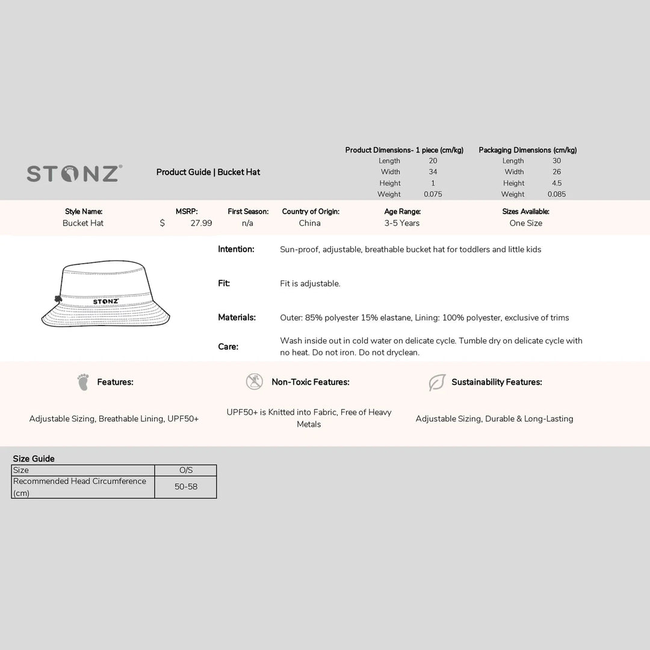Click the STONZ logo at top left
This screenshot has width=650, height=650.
tap(75, 173)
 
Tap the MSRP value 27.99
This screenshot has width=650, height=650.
tap(201, 223)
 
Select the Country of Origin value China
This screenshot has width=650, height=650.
tap(310, 223)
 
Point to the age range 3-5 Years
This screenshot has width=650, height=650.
tap(402, 223)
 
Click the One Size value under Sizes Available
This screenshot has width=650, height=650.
tap(526, 223)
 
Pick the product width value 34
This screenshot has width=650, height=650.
tap(433, 172)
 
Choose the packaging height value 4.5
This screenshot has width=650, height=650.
tap(557, 184)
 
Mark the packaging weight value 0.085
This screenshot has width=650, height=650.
tap(557, 194)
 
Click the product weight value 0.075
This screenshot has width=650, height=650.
tap(433, 194)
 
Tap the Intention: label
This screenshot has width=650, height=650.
tap(236, 249)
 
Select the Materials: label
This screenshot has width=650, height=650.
tap(237, 317)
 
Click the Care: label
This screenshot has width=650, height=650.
tap(228, 347)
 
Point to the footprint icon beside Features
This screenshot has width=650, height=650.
tap(83, 382)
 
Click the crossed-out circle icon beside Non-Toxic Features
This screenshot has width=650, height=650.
tap(255, 382)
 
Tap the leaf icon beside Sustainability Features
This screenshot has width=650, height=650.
tap(437, 382)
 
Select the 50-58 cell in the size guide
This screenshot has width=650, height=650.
tap(186, 487)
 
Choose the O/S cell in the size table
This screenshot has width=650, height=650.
tap(186, 470)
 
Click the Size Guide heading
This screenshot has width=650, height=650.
tap(34, 459)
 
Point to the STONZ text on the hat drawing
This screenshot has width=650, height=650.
tap(106, 302)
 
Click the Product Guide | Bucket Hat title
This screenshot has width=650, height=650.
tap(208, 172)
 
